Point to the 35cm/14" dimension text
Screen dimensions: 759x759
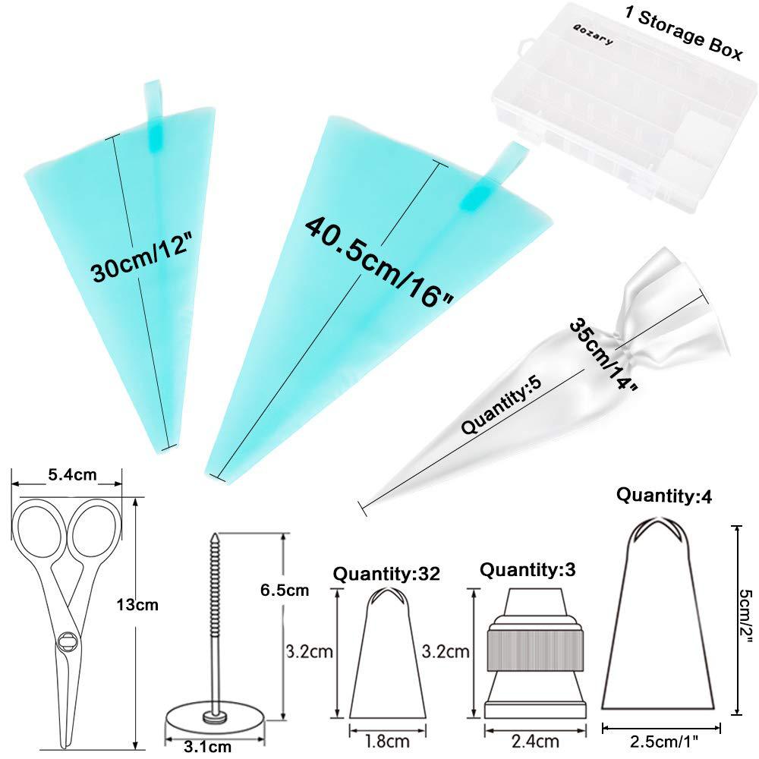pos(603,354)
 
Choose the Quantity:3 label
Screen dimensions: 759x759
pos(522,568)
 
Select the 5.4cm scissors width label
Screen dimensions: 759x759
pos(73,475)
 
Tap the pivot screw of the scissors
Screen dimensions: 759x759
pos(67,640)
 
